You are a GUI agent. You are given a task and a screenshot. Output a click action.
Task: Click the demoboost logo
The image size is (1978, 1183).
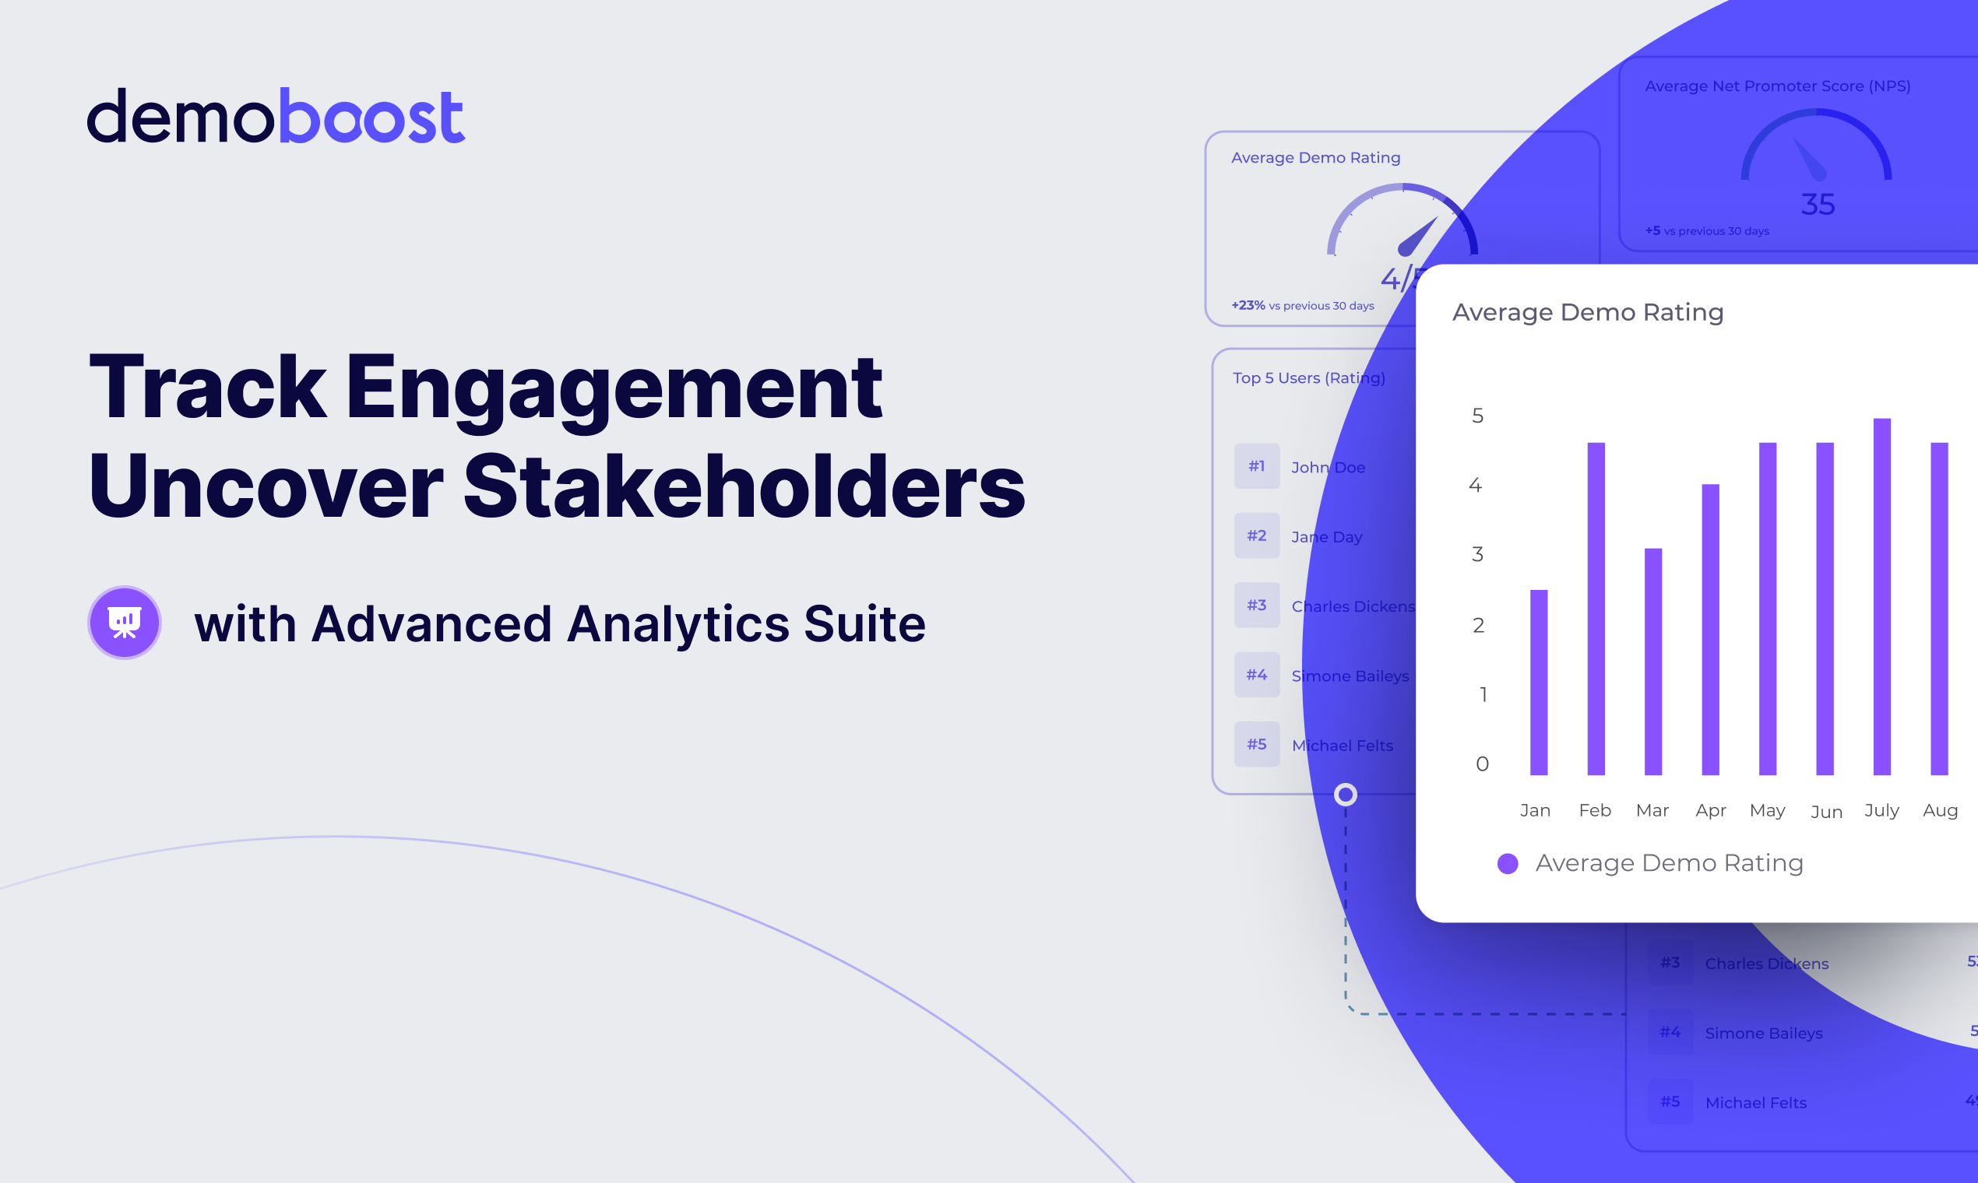[x=275, y=117]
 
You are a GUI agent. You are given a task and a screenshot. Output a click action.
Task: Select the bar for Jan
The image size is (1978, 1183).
[x=1539, y=683]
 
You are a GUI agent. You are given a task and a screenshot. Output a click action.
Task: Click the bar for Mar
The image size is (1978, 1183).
[x=1653, y=662]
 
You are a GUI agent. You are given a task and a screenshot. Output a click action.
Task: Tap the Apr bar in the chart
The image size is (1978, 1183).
[x=1711, y=630]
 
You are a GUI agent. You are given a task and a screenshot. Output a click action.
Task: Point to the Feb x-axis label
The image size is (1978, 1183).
[x=1595, y=811]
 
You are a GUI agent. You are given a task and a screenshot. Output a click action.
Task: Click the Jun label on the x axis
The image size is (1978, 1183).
[x=1826, y=812]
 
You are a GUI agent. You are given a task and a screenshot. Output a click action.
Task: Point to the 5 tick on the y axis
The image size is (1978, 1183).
[x=1478, y=416]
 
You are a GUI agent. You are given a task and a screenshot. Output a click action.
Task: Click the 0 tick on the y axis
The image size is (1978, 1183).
[x=1482, y=764]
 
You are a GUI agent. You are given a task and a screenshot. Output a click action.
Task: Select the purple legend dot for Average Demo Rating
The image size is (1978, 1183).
[x=1508, y=863]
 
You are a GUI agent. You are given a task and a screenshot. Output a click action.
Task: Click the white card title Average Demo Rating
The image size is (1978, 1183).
[x=1588, y=313]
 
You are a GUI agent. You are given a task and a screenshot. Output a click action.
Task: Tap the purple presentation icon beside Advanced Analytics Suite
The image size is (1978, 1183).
[x=125, y=623]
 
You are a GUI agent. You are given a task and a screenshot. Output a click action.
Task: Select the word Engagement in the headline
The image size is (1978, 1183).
[x=614, y=388]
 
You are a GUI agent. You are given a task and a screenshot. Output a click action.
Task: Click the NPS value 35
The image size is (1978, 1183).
[x=1818, y=205]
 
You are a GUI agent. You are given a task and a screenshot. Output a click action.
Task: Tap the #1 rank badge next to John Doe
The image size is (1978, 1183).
[x=1257, y=466]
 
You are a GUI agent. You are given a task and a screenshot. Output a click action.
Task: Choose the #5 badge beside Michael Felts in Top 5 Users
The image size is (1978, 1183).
[x=1257, y=745]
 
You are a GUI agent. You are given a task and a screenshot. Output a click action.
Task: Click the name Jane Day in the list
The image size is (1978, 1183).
[x=1326, y=537]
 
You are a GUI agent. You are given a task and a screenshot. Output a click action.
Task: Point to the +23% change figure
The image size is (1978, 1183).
[x=1248, y=305]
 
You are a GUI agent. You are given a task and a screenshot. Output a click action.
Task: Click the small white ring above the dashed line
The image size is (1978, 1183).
[x=1346, y=795]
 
